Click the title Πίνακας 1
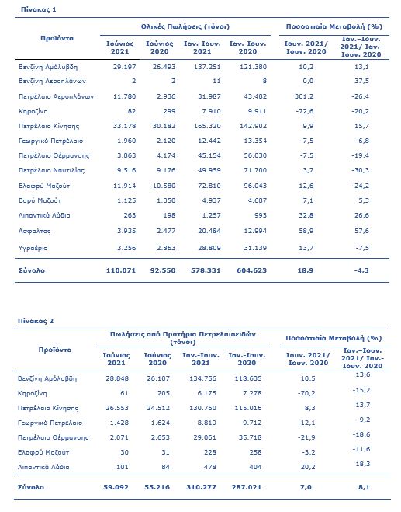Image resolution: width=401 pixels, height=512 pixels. [x=39, y=9]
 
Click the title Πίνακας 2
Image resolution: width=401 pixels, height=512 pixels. [x=36, y=321]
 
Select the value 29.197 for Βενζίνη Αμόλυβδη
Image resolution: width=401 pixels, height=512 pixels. [x=125, y=67]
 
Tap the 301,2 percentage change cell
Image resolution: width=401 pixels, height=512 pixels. [x=306, y=96]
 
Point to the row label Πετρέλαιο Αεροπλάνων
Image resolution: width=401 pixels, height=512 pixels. [x=56, y=96]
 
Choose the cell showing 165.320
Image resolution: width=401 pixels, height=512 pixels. [x=207, y=126]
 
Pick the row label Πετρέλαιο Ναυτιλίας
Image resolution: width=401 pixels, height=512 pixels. [x=51, y=170]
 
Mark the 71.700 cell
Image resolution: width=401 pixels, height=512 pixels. [x=255, y=170]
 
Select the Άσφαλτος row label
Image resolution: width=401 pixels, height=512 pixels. [x=35, y=231]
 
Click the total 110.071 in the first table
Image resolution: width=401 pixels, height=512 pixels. [x=121, y=270]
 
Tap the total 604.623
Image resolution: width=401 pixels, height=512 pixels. [x=252, y=270]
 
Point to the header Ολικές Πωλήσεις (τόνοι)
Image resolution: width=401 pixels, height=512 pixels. [x=185, y=26]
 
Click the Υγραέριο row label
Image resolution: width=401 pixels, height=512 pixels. [x=33, y=248]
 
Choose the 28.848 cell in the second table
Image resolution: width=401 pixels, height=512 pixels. [x=117, y=378]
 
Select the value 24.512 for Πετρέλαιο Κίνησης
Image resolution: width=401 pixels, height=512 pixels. [x=158, y=408]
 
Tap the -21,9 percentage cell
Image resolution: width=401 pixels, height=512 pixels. [x=306, y=437]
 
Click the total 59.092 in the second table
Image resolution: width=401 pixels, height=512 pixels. [x=116, y=487]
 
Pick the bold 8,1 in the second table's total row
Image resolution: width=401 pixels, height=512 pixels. [x=365, y=487]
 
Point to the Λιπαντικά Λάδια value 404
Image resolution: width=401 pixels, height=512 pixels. [x=255, y=467]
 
